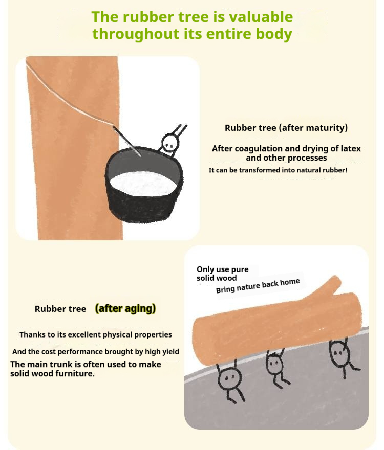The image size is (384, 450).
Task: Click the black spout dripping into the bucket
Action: [126, 141]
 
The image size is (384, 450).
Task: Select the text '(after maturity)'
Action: [313, 128]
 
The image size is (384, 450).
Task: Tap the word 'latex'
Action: [351, 148]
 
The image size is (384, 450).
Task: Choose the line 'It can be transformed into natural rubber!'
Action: [278, 170]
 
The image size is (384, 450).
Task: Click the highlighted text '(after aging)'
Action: [125, 308]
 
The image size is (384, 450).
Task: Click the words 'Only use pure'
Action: [223, 269]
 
